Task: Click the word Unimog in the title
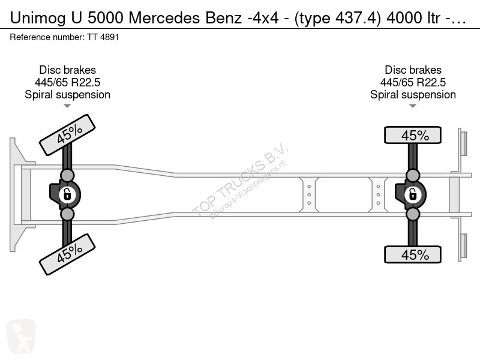[x=38, y=18]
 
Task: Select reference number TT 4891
[x=103, y=37]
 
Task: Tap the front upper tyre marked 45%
[x=67, y=135]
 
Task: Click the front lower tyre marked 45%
[x=67, y=254]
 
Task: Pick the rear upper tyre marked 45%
[x=413, y=135]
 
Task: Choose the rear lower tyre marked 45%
[x=413, y=254]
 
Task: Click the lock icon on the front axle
[x=67, y=194]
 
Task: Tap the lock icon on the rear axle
[x=413, y=194]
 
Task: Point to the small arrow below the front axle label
[x=67, y=106]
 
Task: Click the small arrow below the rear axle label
[x=413, y=106]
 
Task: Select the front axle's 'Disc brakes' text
[x=67, y=70]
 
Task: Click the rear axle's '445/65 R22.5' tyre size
[x=413, y=82]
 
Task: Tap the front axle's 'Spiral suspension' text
[x=67, y=95]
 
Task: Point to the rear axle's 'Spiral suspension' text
[x=413, y=95]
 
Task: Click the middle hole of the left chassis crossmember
[x=309, y=194]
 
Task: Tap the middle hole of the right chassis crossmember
[x=378, y=194]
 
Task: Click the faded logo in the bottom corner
[x=21, y=336]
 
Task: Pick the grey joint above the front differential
[x=67, y=176]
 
